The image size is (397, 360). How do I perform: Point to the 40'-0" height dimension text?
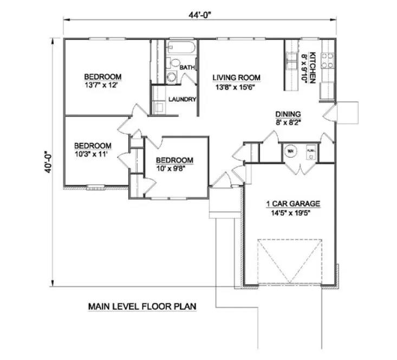pyautogui.click(x=49, y=161)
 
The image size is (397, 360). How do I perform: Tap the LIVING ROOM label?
pyautogui.click(x=236, y=78)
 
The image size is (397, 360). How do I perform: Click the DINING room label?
pyautogui.click(x=288, y=114)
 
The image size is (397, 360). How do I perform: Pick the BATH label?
pyautogui.click(x=187, y=67)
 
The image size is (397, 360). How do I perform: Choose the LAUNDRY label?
pyautogui.click(x=181, y=99)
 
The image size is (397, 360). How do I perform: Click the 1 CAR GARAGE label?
pyautogui.click(x=292, y=204)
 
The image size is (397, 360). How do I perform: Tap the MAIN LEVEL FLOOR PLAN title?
pyautogui.click(x=142, y=307)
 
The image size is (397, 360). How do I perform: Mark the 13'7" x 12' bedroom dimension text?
pyautogui.click(x=102, y=86)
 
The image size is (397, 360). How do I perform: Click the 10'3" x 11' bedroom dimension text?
pyautogui.click(x=93, y=154)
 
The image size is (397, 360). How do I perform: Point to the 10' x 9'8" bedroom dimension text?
pyautogui.click(x=174, y=169)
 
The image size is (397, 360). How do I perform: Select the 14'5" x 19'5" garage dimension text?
pyautogui.click(x=292, y=213)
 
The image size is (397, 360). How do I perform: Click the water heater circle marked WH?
pyautogui.click(x=290, y=151)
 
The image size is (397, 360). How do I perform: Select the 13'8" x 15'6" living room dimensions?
pyautogui.click(x=236, y=87)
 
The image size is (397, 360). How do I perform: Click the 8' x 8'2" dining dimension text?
pyautogui.click(x=288, y=123)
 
